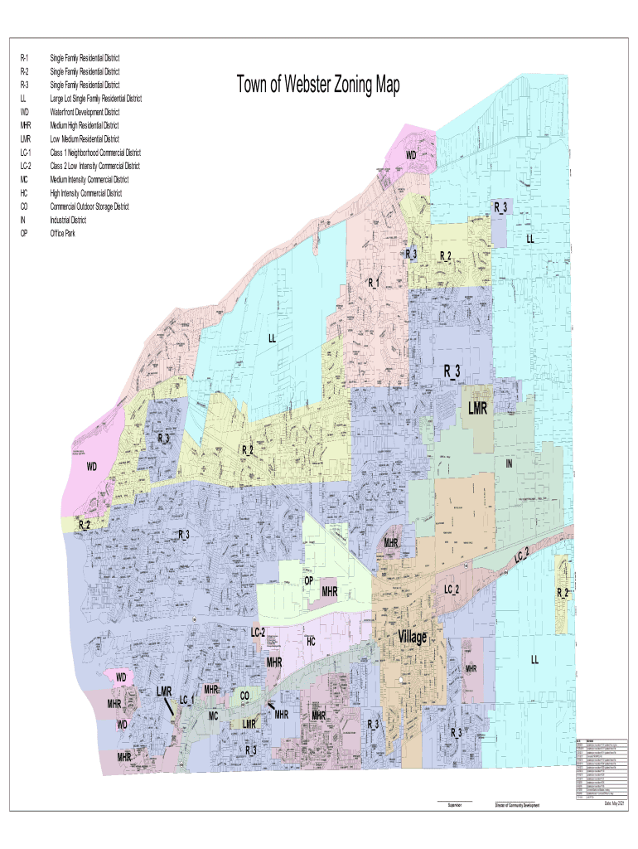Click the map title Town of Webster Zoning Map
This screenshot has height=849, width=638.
coord(317,85)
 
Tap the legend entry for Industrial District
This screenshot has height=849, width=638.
coord(68,221)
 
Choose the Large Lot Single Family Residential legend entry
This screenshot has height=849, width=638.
coord(95,99)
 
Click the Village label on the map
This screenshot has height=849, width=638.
coord(412,637)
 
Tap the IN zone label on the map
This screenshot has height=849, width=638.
coord(510,464)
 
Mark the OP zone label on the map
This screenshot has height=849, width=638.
coord(308,581)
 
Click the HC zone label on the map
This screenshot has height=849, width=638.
coord(311,641)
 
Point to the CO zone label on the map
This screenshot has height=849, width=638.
coord(244,696)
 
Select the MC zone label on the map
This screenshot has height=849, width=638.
coord(213,715)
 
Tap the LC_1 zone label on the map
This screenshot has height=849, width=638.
coord(186,701)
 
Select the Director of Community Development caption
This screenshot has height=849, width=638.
coord(516,804)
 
